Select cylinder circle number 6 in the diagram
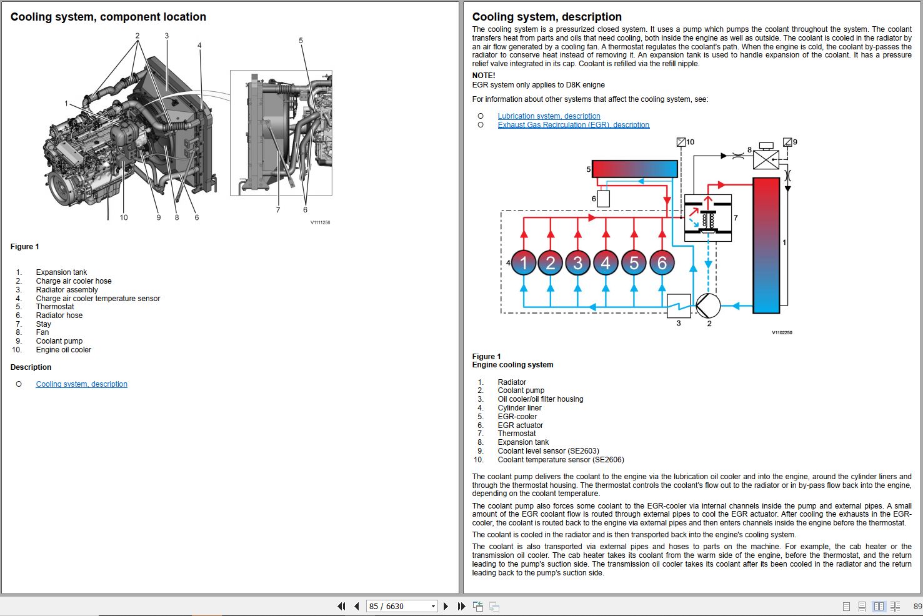pos(662,263)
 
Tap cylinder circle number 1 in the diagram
pos(524,263)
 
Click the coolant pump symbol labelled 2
pos(708,306)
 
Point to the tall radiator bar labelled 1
pos(766,245)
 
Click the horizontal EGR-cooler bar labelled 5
pos(634,169)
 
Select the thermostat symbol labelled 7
pos(708,218)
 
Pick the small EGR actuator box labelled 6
pos(603,199)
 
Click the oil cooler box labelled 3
pos(679,306)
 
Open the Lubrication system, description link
pos(549,116)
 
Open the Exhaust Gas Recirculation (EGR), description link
pos(573,125)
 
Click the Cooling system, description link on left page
pos(81,384)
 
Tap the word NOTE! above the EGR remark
pos(484,76)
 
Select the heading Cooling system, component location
pos(108,17)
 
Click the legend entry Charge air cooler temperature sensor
pos(97,299)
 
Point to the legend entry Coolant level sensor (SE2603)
pos(548,451)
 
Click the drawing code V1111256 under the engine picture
pos(320,222)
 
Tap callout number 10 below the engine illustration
pos(124,217)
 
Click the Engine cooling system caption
pos(512,365)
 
